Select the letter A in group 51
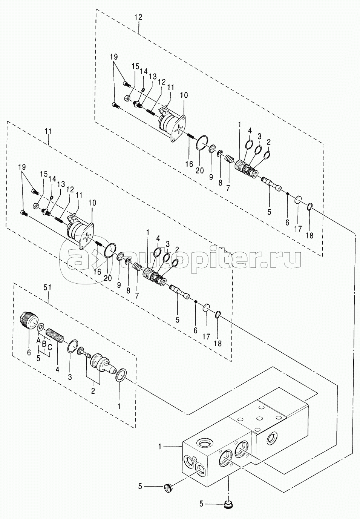[x=38, y=340]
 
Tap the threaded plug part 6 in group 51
[x=29, y=321]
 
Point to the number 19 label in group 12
[x=114, y=57]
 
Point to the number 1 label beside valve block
[x=160, y=447]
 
